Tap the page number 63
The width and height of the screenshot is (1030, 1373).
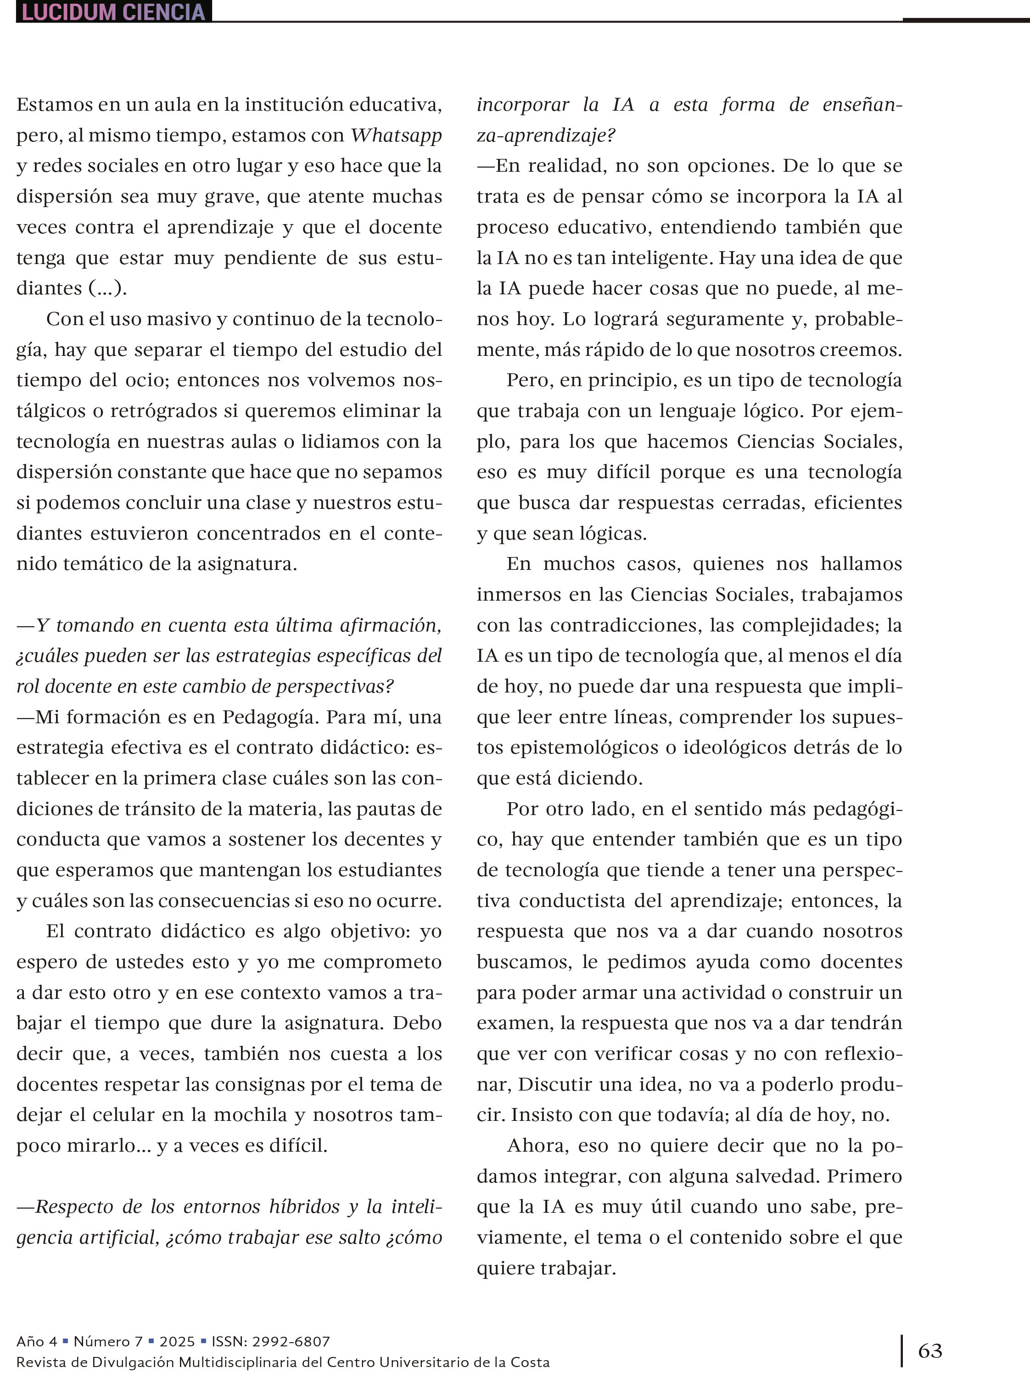click(929, 1350)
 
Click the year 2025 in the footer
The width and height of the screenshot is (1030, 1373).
click(177, 1341)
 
